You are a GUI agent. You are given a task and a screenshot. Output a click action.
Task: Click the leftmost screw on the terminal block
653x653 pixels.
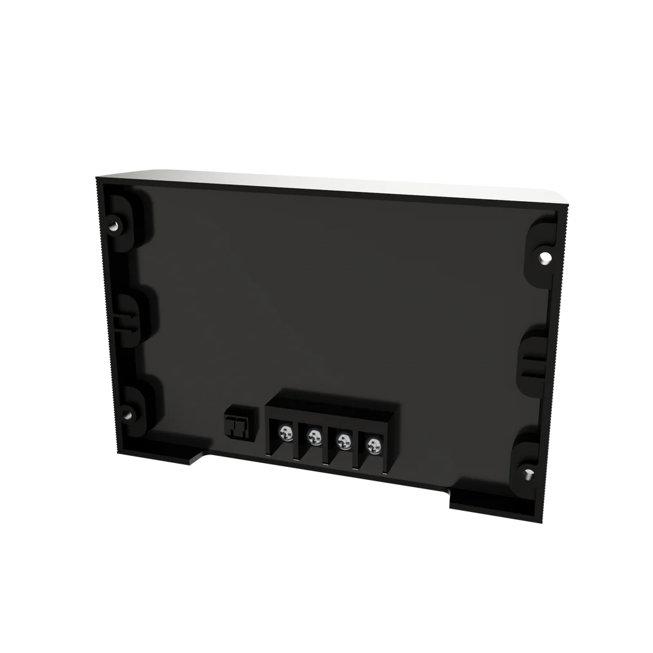(x=285, y=432)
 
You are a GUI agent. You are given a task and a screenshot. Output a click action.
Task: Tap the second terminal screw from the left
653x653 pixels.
(x=315, y=436)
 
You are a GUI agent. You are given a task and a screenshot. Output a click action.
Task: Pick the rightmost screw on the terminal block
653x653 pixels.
(x=373, y=446)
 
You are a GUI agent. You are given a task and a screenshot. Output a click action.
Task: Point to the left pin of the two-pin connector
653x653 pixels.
(x=231, y=425)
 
